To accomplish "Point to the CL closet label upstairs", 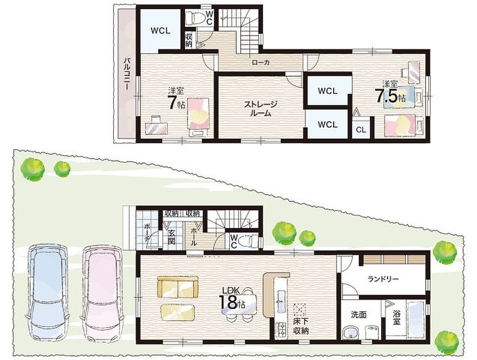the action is tap(361, 130).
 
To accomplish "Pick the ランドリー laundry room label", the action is tap(383, 279).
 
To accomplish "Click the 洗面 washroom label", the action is tap(358, 314).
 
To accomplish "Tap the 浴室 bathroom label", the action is tap(396, 317).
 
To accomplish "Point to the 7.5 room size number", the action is tap(387, 96).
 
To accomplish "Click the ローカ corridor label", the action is tap(261, 63).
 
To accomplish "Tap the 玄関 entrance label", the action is tap(172, 238).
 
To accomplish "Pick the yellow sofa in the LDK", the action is tap(178, 287).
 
